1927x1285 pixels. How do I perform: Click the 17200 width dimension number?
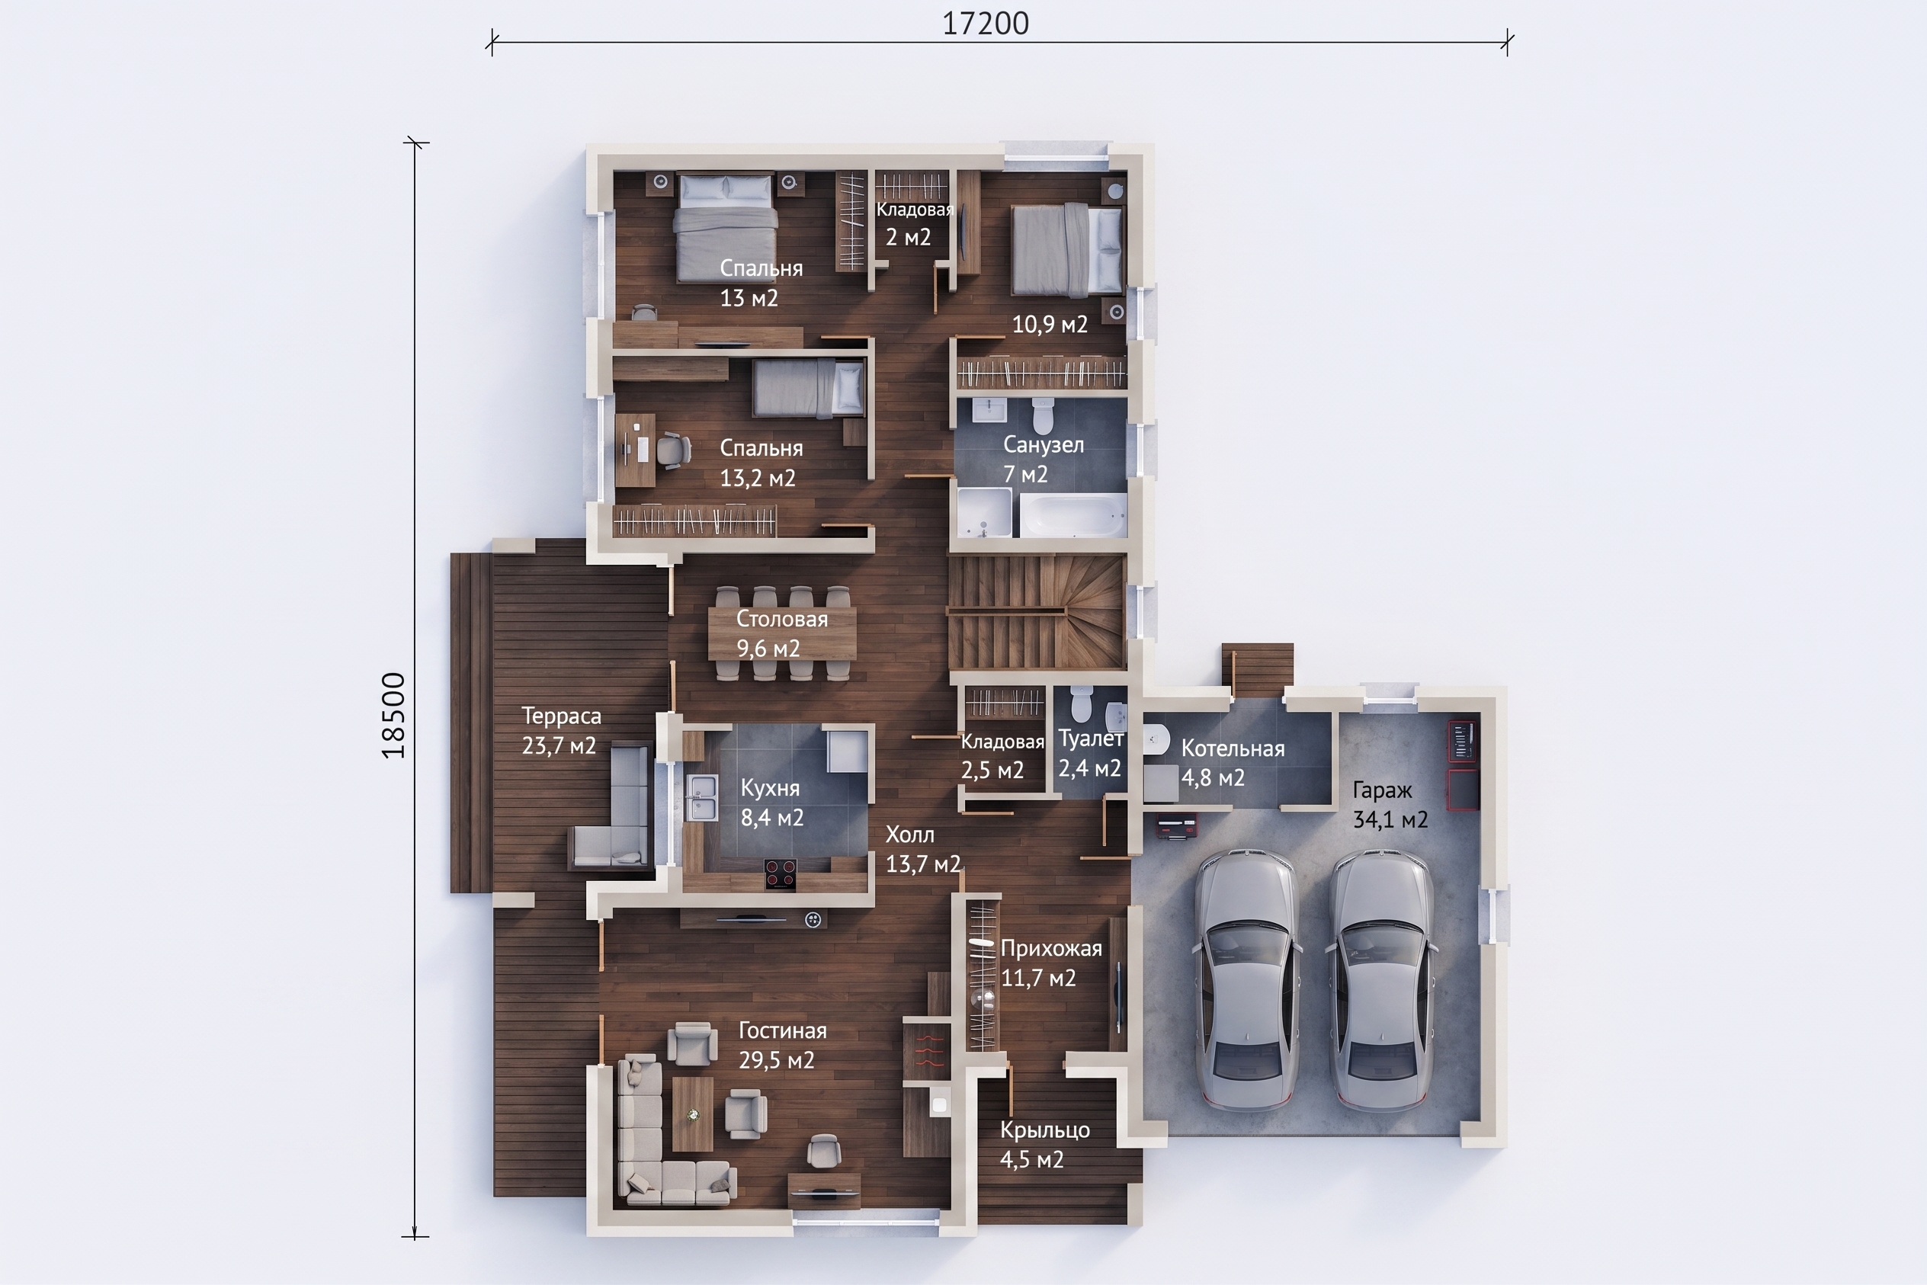click(x=985, y=24)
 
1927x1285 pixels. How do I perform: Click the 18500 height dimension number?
click(x=394, y=716)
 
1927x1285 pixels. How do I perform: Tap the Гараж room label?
click(x=1382, y=791)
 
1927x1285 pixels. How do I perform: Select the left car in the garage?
click(x=1248, y=979)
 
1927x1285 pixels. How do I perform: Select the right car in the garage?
click(x=1382, y=979)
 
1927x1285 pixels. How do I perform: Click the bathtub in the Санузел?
click(x=1072, y=514)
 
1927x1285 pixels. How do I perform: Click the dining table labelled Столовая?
click(x=782, y=633)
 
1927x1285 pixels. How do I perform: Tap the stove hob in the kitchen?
click(x=781, y=873)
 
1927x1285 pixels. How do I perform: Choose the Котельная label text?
click(x=1233, y=748)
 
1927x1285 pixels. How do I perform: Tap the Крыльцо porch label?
click(x=1045, y=1130)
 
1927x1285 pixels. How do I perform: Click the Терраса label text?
click(x=562, y=716)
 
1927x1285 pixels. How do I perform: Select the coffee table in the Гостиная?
click(x=693, y=1114)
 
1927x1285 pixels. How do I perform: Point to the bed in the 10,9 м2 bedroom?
click(x=1066, y=250)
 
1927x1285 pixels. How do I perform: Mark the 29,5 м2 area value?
click(x=776, y=1060)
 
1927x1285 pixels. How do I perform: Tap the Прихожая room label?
click(x=1051, y=949)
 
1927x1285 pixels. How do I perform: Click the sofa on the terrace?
click(x=611, y=805)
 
